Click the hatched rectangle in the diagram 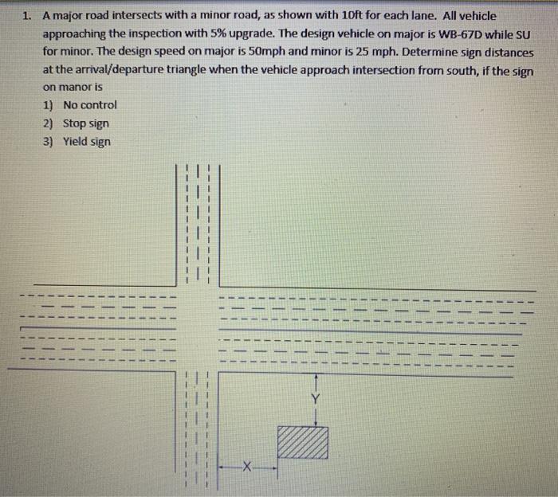pyautogui.click(x=303, y=442)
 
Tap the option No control pyautogui.click(x=89, y=105)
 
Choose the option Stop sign pyautogui.click(x=86, y=123)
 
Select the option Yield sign pyautogui.click(x=87, y=142)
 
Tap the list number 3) pyautogui.click(x=49, y=142)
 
